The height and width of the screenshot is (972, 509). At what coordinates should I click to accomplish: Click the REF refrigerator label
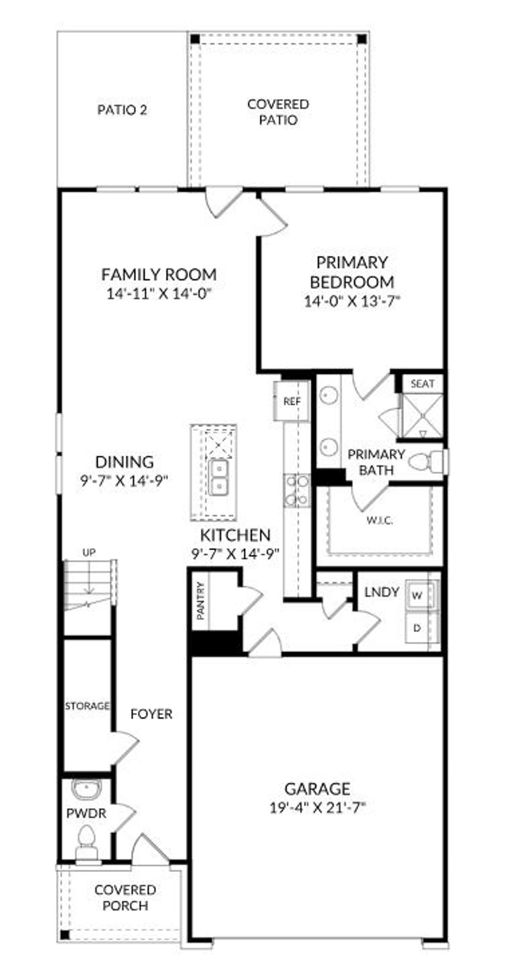tap(292, 401)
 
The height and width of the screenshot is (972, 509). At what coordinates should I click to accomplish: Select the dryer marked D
tap(417, 628)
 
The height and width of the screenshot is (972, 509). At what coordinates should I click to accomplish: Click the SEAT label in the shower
tap(423, 384)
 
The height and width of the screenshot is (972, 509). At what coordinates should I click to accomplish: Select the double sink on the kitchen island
tap(218, 477)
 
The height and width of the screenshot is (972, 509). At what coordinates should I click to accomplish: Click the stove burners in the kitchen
tap(297, 490)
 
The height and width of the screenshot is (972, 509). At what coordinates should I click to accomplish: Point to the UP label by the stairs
tap(89, 552)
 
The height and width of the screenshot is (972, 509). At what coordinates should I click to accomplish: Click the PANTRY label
tap(201, 600)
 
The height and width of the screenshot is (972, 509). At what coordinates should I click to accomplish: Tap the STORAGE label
tap(87, 706)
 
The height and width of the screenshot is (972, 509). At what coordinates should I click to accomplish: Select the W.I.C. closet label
tap(380, 521)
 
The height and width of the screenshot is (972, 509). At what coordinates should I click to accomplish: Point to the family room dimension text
tap(159, 294)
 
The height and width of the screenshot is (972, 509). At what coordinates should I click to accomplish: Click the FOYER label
tap(151, 714)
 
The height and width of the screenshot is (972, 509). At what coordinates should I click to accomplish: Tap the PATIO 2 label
tap(122, 110)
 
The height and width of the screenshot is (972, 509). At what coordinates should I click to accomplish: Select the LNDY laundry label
tap(382, 592)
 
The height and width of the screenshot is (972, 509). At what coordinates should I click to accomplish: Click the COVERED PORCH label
tap(125, 897)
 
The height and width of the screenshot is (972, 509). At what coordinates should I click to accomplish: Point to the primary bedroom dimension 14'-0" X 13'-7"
tap(352, 301)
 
